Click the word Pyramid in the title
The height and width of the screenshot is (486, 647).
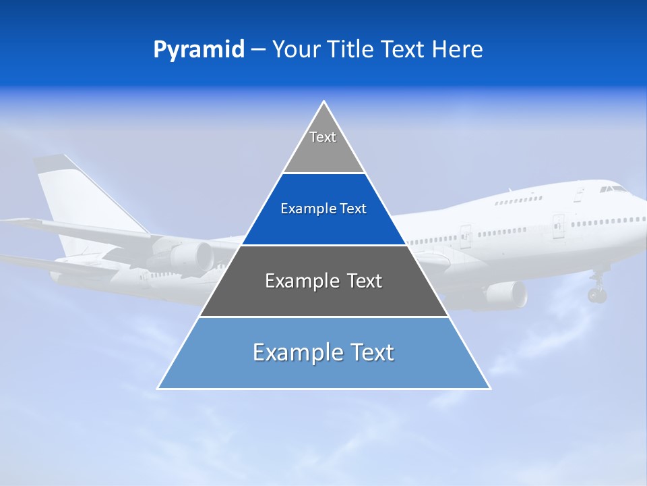pos(199,50)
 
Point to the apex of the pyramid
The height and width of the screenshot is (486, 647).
pos(324,102)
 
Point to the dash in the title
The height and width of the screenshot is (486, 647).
pos(257,50)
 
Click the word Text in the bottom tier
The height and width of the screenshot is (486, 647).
pos(370,352)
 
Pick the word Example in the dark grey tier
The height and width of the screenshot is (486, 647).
pos(295,281)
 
